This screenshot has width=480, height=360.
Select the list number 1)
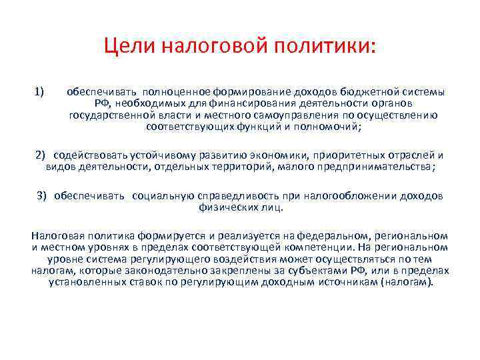pyautogui.click(x=39, y=91)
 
